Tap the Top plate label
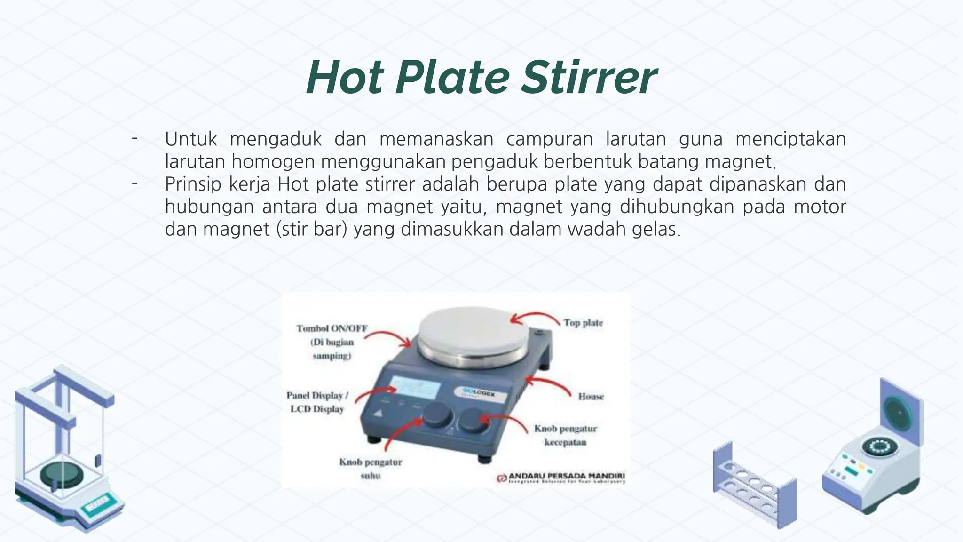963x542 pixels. click(583, 323)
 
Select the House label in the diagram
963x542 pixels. click(591, 397)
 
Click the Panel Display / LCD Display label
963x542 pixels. click(317, 402)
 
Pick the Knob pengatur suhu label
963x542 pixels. click(371, 469)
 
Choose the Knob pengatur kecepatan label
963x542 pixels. click(566, 435)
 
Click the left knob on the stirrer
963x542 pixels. click(437, 416)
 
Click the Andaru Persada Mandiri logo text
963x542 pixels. click(566, 476)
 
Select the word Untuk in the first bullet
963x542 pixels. click(191, 139)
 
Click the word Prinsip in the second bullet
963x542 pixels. click(193, 184)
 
